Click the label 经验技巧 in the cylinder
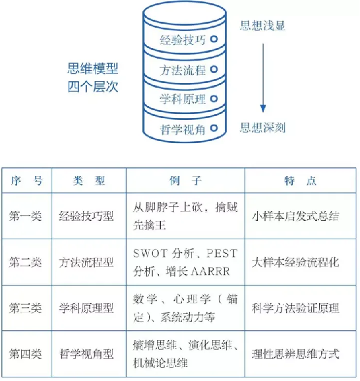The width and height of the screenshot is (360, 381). (x=183, y=40)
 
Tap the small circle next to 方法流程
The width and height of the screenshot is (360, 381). (x=214, y=69)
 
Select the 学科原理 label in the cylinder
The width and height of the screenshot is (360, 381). (x=183, y=99)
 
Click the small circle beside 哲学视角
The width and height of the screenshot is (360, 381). (x=214, y=128)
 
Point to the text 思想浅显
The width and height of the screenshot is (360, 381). (x=262, y=26)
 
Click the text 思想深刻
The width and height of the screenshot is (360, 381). (x=262, y=127)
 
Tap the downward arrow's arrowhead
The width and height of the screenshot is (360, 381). (x=263, y=108)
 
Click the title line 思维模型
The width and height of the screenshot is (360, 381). (x=93, y=69)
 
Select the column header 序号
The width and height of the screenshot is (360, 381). (x=27, y=181)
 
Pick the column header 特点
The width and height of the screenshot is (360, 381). (x=301, y=181)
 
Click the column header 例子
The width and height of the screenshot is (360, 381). (x=185, y=181)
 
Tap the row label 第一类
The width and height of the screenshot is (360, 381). (x=25, y=216)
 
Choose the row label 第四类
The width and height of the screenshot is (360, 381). (x=25, y=353)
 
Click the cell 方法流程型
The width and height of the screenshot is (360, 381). (x=86, y=262)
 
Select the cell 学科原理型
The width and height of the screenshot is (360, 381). (x=86, y=308)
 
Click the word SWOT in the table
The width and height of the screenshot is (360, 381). (x=150, y=253)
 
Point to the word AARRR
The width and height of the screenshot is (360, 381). (x=210, y=272)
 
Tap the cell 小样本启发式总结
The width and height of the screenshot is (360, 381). (x=295, y=216)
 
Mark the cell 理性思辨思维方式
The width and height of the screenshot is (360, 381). (x=295, y=353)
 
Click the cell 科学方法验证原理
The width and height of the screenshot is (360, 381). (x=295, y=308)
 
